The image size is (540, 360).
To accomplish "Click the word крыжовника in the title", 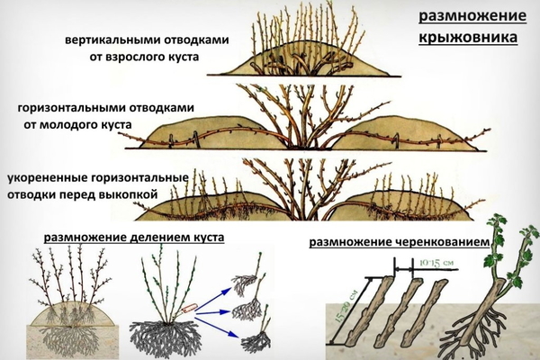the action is [468, 37].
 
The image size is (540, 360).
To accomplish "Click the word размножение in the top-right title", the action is [472, 16].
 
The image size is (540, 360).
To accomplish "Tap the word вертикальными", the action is [113, 40].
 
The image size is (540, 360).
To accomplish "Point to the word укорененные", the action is [48, 178].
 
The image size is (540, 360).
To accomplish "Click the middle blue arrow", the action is [212, 312].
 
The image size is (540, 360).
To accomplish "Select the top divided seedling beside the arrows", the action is [247, 279].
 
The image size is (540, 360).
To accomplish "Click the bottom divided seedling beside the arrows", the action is [256, 337].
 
